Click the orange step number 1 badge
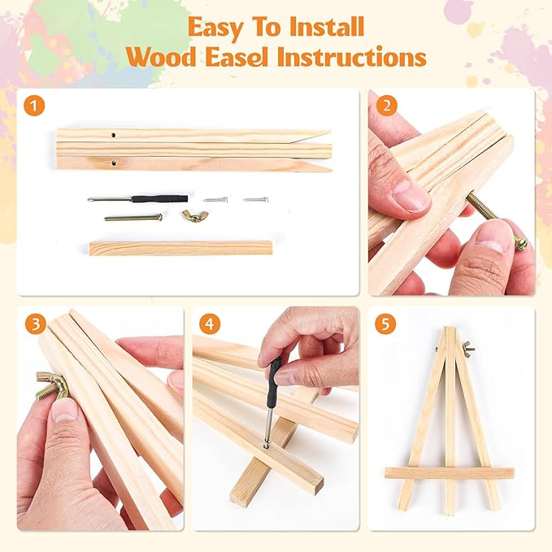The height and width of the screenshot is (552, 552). tap(34, 106)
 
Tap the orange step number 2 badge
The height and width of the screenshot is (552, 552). tap(386, 106)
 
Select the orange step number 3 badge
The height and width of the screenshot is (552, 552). tap(36, 324)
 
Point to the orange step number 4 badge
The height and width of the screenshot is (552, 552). tap(210, 324)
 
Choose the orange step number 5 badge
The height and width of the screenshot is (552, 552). tap(385, 324)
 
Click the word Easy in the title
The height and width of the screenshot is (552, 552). tap(215, 28)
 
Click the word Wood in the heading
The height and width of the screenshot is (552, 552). tap(162, 57)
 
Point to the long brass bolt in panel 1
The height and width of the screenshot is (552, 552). tap(133, 218)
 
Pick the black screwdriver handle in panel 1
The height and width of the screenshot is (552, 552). tap(159, 198)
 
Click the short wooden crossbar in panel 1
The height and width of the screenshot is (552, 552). tap(181, 248)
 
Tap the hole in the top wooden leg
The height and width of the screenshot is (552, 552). tap(113, 135)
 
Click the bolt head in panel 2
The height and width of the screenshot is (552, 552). tap(522, 244)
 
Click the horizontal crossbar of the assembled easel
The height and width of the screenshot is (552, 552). tap(450, 473)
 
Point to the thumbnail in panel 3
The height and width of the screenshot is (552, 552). tap(64, 410)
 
